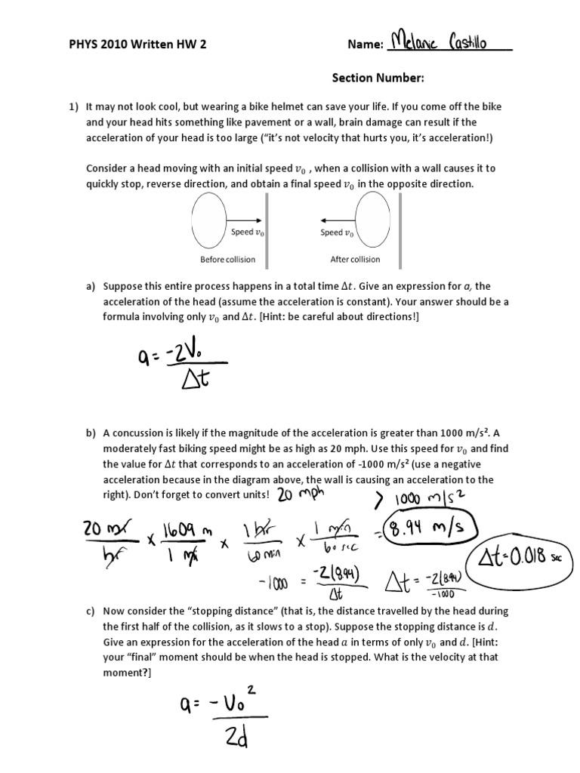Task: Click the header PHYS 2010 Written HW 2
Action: tap(137, 45)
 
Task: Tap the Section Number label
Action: tap(378, 78)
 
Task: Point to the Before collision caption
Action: tap(227, 259)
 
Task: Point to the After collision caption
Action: tap(355, 259)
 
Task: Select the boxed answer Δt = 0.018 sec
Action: tap(521, 560)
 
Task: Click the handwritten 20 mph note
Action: tap(300, 495)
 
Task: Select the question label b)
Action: tap(91, 433)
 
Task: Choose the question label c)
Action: tap(91, 610)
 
